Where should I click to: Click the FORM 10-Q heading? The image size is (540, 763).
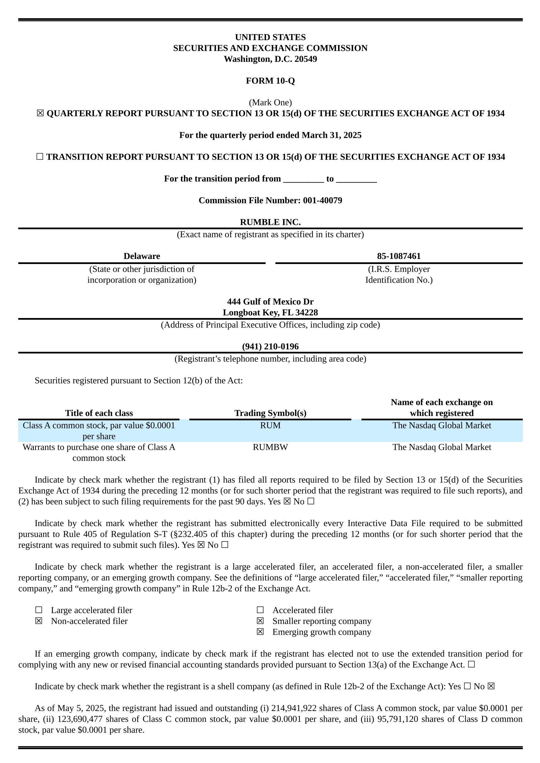click(270, 81)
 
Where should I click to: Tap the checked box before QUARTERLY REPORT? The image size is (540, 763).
click(40, 113)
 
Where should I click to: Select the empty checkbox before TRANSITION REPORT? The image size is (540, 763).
click(40, 157)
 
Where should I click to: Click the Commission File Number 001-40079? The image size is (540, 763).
click(322, 201)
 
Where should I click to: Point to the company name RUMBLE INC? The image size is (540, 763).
click(270, 222)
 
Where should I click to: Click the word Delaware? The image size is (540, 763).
click(142, 256)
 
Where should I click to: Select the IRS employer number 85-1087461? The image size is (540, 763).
click(399, 256)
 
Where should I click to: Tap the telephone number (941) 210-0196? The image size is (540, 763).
click(270, 347)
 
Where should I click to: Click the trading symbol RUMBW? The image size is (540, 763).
click(270, 447)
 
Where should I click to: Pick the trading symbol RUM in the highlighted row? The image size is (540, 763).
click(270, 426)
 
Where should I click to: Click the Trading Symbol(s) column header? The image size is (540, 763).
click(270, 413)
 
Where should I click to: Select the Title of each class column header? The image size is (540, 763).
click(99, 413)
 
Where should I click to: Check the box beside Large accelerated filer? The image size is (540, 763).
click(39, 610)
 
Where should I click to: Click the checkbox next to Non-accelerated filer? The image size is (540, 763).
click(39, 621)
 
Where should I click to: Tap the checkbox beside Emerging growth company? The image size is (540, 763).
click(260, 632)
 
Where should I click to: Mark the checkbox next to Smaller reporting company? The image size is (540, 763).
click(260, 621)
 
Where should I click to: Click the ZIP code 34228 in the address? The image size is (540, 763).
click(306, 313)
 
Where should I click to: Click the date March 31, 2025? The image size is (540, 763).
click(331, 135)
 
